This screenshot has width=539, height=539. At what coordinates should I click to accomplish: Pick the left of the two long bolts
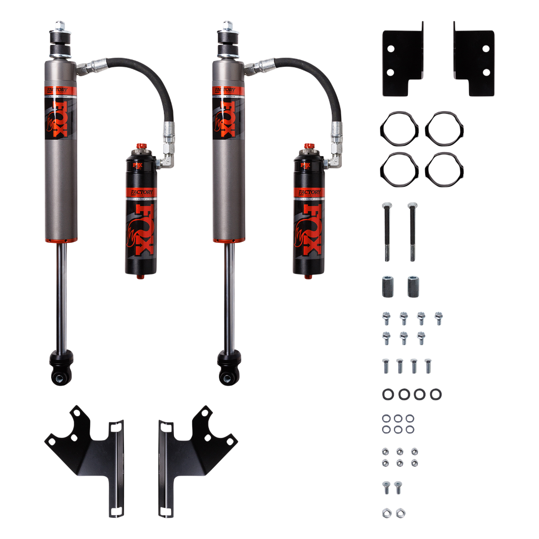click(x=386, y=231)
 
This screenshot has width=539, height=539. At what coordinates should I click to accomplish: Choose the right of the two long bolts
click(x=412, y=231)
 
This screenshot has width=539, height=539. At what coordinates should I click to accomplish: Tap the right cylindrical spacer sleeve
click(x=412, y=285)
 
